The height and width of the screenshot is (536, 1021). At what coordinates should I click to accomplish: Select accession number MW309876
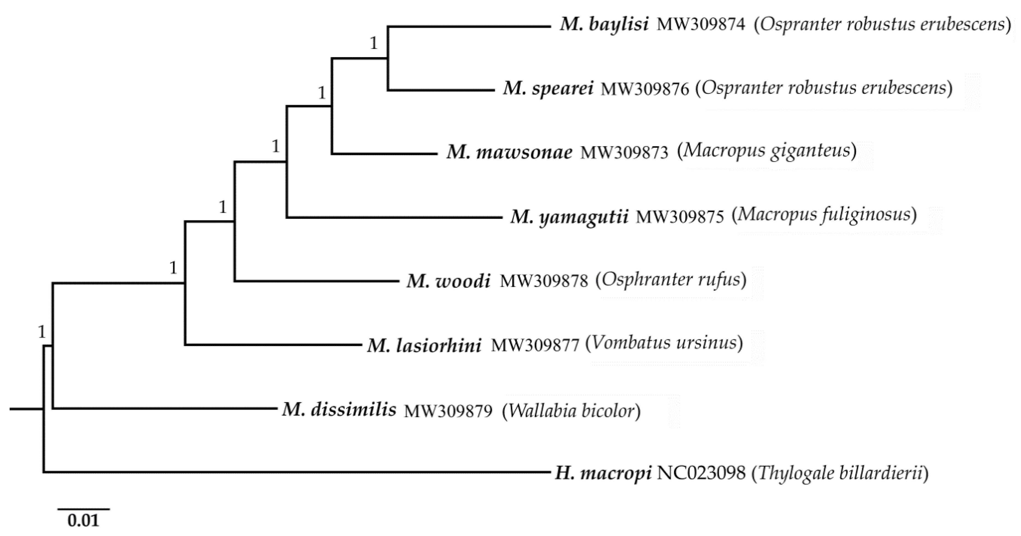[645, 90]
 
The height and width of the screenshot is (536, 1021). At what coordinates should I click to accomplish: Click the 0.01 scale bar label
[83, 520]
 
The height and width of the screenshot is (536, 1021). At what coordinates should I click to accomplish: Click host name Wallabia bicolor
[571, 411]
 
